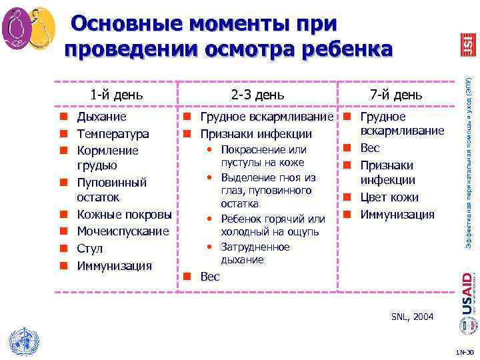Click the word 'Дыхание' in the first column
point(102,117)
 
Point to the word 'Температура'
point(113,134)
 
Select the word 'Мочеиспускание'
point(124,231)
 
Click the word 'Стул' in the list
point(90,249)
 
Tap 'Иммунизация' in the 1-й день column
point(114,266)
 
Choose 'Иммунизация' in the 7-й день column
point(397,215)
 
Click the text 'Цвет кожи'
point(389,197)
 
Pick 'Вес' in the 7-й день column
point(370,148)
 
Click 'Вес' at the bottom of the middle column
point(210,277)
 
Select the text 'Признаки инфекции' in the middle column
point(256,134)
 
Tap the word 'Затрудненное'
point(255,247)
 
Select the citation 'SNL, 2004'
point(413,317)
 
